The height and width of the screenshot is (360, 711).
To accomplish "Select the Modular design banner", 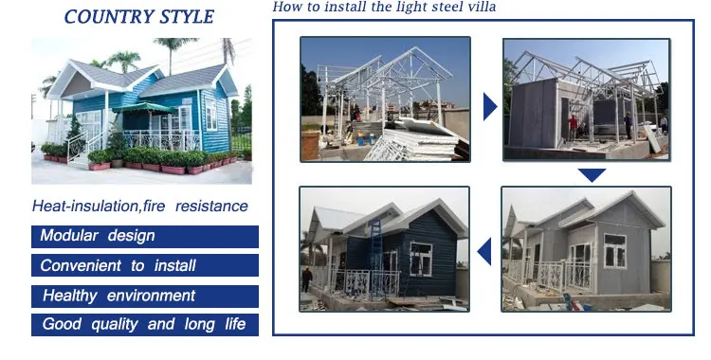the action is coord(145,237).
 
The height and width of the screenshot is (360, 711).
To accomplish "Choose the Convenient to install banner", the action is coord(145,265).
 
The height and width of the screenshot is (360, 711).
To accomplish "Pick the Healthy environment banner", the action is coord(145,297).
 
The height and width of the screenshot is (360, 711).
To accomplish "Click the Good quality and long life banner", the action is coord(145,325).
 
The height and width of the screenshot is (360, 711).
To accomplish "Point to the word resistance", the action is coord(211,207).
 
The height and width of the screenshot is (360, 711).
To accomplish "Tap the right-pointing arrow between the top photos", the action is coord(490,107).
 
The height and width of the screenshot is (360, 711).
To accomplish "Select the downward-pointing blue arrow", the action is coord(592,175).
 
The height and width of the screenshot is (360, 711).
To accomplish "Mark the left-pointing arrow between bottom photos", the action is coord(484,252).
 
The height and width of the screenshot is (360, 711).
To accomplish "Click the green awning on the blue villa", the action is coord(144,107).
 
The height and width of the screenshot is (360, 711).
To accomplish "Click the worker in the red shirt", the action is coord(574,127).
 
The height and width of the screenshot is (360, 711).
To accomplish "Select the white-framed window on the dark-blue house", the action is coord(421,259).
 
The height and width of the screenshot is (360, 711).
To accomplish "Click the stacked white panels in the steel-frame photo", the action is coord(417,140).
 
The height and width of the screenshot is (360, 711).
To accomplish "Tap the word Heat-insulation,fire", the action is coord(99,207).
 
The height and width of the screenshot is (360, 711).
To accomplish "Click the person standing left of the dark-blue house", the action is coord(307,279).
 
